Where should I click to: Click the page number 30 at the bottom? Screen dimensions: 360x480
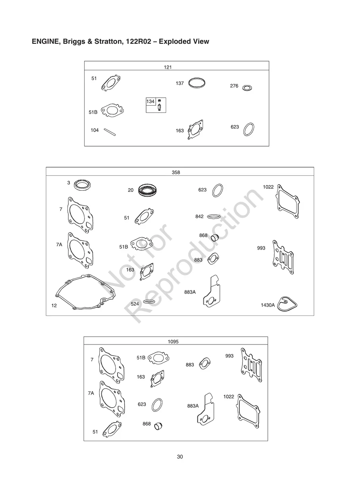tap(180, 457)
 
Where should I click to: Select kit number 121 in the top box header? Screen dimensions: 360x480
tap(168, 67)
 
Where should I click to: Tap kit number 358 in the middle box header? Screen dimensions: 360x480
tap(176, 172)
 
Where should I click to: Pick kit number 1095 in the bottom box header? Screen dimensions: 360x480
tap(173, 341)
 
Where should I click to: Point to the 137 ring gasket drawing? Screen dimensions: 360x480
tap(197, 83)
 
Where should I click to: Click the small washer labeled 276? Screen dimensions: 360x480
tap(247, 88)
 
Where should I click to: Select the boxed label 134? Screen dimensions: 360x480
tap(150, 101)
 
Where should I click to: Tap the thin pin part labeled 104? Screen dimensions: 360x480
tap(110, 132)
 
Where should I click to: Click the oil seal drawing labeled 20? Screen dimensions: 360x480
tap(148, 190)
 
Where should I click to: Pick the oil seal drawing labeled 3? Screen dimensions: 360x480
tap(82, 185)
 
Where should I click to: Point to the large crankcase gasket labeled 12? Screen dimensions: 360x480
tap(85, 292)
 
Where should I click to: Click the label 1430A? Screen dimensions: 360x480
tap(267, 305)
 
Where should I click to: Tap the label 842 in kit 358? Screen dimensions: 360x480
tap(199, 217)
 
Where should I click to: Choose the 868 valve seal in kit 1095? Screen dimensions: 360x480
tap(158, 426)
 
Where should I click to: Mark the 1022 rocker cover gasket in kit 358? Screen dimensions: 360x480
tap(287, 201)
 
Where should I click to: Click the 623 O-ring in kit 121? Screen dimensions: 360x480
tap(249, 129)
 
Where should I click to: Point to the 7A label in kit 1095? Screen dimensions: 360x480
tap(91, 393)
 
